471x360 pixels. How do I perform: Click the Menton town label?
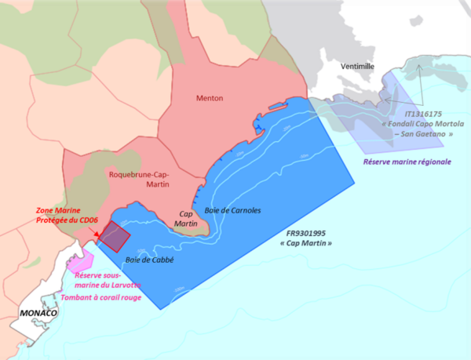point(210,98)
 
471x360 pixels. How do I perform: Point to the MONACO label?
point(35,314)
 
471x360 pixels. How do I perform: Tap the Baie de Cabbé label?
point(149,260)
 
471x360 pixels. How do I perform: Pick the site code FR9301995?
point(306,233)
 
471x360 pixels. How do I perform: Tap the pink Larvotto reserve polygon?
point(83,258)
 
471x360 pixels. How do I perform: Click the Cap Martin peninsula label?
point(188,219)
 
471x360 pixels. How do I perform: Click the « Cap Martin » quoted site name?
point(306,244)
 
